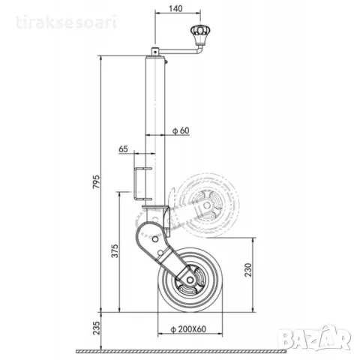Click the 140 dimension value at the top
click(175, 8)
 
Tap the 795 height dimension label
click(96, 181)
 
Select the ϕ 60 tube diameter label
click(181, 130)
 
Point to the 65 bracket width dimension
click(123, 149)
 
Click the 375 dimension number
click(115, 250)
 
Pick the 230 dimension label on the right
click(248, 269)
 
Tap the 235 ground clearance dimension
click(96, 328)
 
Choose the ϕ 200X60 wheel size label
click(188, 329)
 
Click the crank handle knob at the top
click(200, 31)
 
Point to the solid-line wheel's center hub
click(190, 280)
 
